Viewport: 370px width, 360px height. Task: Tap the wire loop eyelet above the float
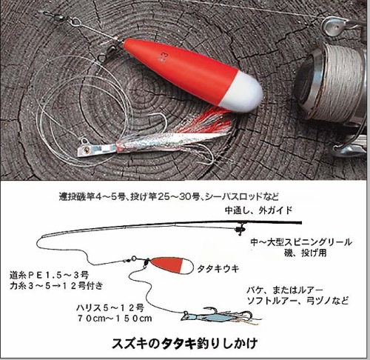[75, 22]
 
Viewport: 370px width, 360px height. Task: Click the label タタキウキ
[218, 269]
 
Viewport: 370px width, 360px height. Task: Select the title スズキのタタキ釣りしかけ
[185, 343]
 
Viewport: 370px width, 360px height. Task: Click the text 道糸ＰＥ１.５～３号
[49, 275]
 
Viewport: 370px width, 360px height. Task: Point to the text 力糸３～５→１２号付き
[56, 286]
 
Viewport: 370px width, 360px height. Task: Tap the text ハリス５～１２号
[110, 307]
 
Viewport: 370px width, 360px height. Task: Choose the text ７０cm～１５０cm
[115, 319]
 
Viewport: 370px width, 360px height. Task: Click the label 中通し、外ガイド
[258, 210]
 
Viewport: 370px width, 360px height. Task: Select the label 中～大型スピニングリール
[301, 242]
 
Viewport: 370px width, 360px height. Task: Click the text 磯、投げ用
[306, 253]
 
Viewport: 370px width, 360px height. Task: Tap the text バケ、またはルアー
[285, 290]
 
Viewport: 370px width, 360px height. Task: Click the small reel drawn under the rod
[240, 229]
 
